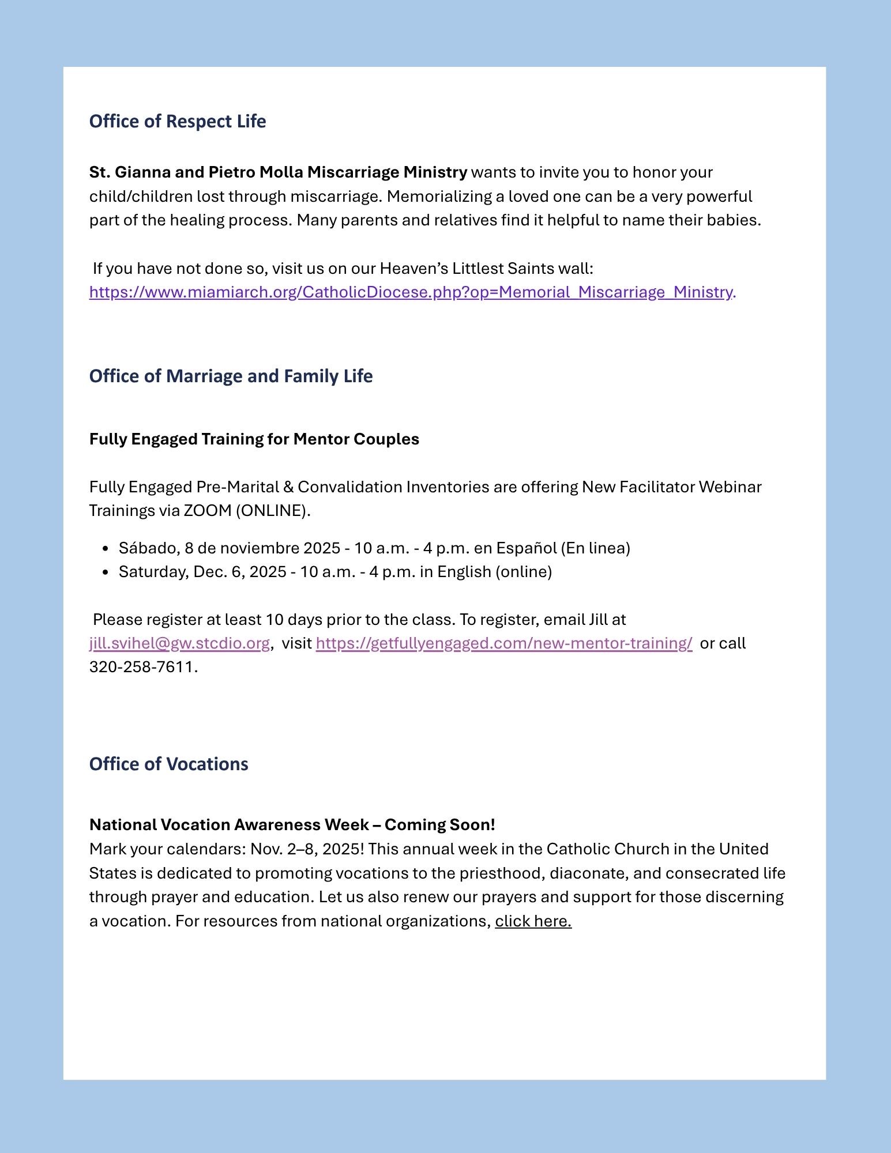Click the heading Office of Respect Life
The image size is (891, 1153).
[x=177, y=122]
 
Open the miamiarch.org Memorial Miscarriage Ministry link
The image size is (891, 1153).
[x=412, y=292]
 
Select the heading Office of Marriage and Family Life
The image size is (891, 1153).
[x=231, y=376]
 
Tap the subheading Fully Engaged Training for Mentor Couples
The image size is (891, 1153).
[x=254, y=439]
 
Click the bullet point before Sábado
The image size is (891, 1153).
[x=105, y=549]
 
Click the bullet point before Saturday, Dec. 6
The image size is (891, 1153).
[x=105, y=572]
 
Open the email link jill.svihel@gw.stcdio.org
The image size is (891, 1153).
[x=179, y=643]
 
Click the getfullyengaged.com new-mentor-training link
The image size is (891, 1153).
[x=503, y=643]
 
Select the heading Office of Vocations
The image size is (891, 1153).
[x=168, y=764]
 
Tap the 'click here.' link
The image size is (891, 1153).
[x=533, y=921]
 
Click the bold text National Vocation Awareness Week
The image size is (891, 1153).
[x=229, y=825]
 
